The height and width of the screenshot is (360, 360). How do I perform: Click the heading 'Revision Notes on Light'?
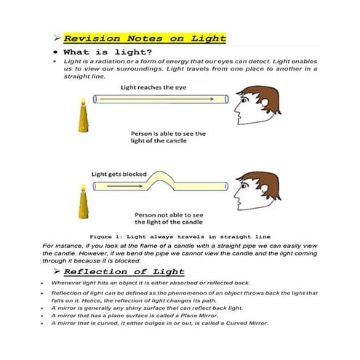[145, 39]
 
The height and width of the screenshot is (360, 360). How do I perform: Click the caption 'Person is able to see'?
[168, 134]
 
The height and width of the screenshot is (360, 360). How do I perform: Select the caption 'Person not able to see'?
[168, 215]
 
